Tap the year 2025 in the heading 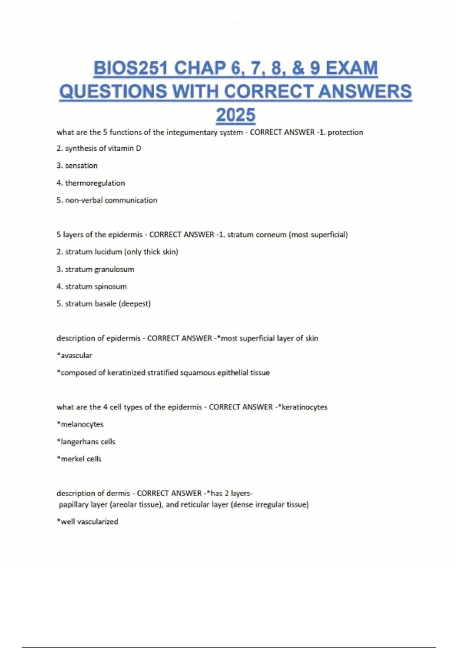pyautogui.click(x=235, y=115)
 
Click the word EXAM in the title pyautogui.click(x=352, y=68)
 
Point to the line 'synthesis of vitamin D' pyautogui.click(x=99, y=148)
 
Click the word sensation pyautogui.click(x=81, y=165)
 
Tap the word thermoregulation pyautogui.click(x=95, y=183)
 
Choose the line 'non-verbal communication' pyautogui.click(x=107, y=200)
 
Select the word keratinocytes pyautogui.click(x=304, y=407)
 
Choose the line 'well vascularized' pyautogui.click(x=87, y=521)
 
